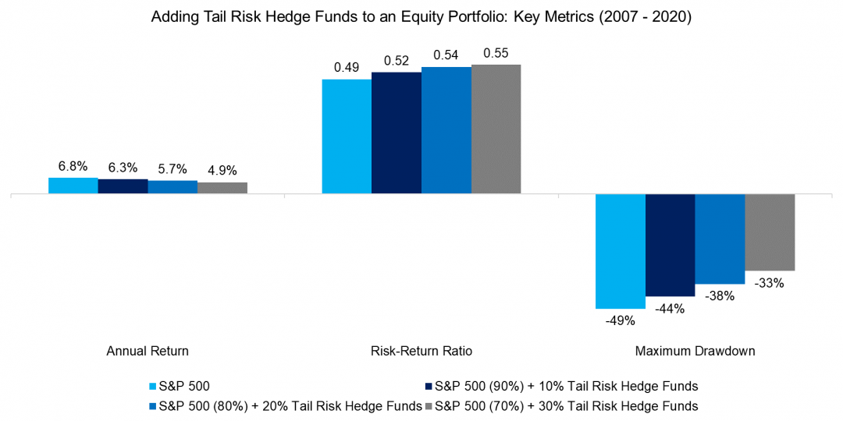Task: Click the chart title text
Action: pyautogui.click(x=421, y=16)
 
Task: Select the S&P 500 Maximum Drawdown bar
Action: pyautogui.click(x=621, y=251)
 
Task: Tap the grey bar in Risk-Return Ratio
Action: pyautogui.click(x=496, y=129)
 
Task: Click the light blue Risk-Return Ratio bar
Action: pyautogui.click(x=347, y=136)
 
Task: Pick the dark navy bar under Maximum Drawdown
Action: pyautogui.click(x=670, y=245)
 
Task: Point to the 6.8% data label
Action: pyautogui.click(x=73, y=167)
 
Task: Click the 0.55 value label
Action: pyautogui.click(x=496, y=53)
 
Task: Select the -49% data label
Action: pyautogui.click(x=621, y=320)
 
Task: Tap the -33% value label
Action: pyautogui.click(x=770, y=283)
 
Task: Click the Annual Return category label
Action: pyautogui.click(x=148, y=351)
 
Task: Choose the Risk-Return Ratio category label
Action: pyautogui.click(x=421, y=351)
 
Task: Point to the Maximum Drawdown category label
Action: pyautogui.click(x=695, y=351)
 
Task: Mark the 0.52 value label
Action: pyautogui.click(x=397, y=61)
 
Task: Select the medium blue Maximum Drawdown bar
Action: pyautogui.click(x=720, y=239)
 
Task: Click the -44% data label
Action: pyautogui.click(x=670, y=308)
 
